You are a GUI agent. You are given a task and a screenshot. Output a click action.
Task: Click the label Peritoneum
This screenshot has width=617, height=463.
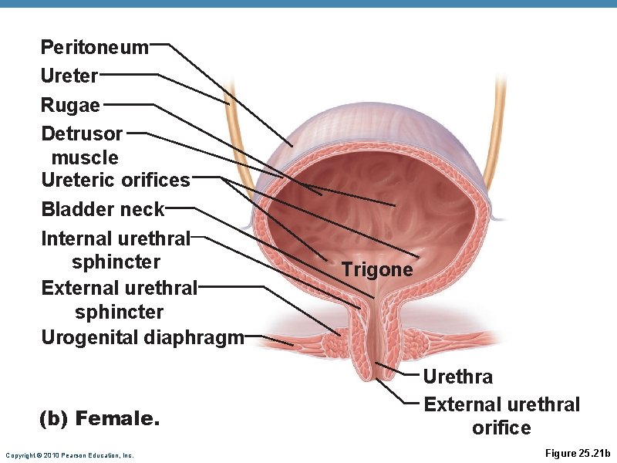94,47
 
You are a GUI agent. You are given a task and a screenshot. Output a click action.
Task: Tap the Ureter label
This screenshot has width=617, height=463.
69,76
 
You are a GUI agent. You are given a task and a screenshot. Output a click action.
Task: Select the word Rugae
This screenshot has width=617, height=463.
70,104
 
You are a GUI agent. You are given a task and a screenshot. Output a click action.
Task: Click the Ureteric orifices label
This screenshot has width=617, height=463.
116,180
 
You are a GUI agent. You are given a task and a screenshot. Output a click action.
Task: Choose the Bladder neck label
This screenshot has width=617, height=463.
103,209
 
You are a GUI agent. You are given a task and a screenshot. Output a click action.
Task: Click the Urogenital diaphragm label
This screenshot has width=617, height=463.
143,337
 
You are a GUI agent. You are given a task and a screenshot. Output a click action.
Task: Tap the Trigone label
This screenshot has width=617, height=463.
377,269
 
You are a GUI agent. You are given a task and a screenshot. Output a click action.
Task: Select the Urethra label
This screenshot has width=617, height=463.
457,377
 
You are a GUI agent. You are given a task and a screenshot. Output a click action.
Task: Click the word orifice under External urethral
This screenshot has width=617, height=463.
501,428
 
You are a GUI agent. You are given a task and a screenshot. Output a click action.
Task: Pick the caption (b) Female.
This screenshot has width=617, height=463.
99,419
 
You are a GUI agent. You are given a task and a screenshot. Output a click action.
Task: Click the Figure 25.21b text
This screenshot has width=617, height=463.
577,453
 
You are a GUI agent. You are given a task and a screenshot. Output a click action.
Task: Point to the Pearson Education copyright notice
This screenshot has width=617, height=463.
69,455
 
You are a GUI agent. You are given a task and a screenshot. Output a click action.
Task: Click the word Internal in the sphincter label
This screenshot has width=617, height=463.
76,238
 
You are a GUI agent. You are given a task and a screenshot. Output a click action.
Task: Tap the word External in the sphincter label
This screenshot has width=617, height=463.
79,288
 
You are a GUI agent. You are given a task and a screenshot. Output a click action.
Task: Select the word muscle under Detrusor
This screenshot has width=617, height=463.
85,157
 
